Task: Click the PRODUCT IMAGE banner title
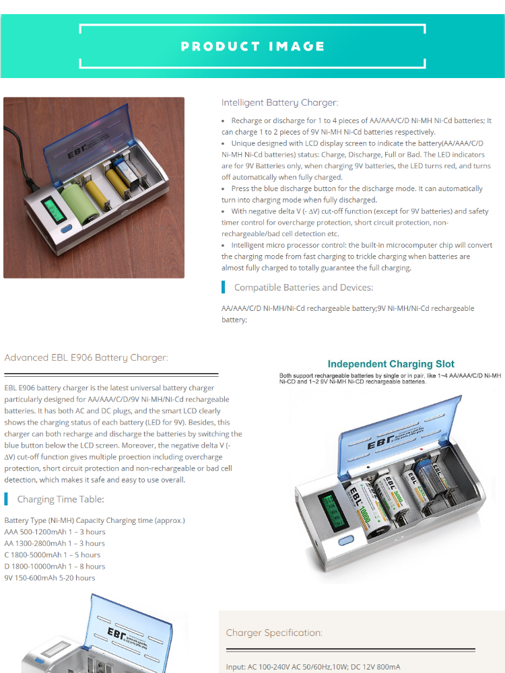pyautogui.click(x=252, y=46)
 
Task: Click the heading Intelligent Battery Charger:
pyautogui.click(x=279, y=103)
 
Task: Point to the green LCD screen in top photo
pyautogui.click(x=50, y=207)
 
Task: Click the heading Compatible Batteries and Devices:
pyautogui.click(x=303, y=287)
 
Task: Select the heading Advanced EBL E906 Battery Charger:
pyautogui.click(x=86, y=357)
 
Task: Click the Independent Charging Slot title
pyautogui.click(x=391, y=364)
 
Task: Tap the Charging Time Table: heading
pyautogui.click(x=61, y=499)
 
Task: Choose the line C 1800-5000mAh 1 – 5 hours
pyautogui.click(x=53, y=555)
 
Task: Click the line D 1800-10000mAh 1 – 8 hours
pyautogui.click(x=55, y=566)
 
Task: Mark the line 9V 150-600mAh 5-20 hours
pyautogui.click(x=50, y=577)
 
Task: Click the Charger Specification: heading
pyautogui.click(x=274, y=633)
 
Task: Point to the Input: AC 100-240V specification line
pyautogui.click(x=313, y=667)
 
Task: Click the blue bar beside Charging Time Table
pyautogui.click(x=6, y=499)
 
